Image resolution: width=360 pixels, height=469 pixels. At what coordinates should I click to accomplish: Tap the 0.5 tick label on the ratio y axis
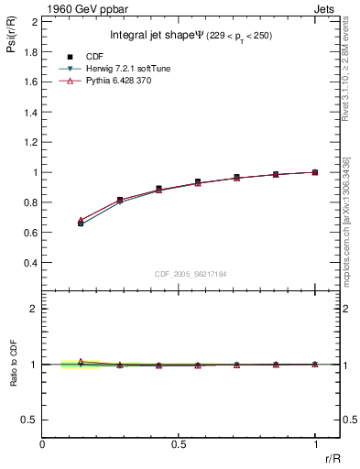pyautogui.click(x=30, y=420)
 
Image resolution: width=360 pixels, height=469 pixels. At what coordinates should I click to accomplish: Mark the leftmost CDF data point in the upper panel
pyautogui.click(x=82, y=224)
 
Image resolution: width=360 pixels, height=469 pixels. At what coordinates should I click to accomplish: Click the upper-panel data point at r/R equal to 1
pyautogui.click(x=315, y=172)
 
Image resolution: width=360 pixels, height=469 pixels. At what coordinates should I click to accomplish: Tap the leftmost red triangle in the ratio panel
pyautogui.click(x=82, y=361)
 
